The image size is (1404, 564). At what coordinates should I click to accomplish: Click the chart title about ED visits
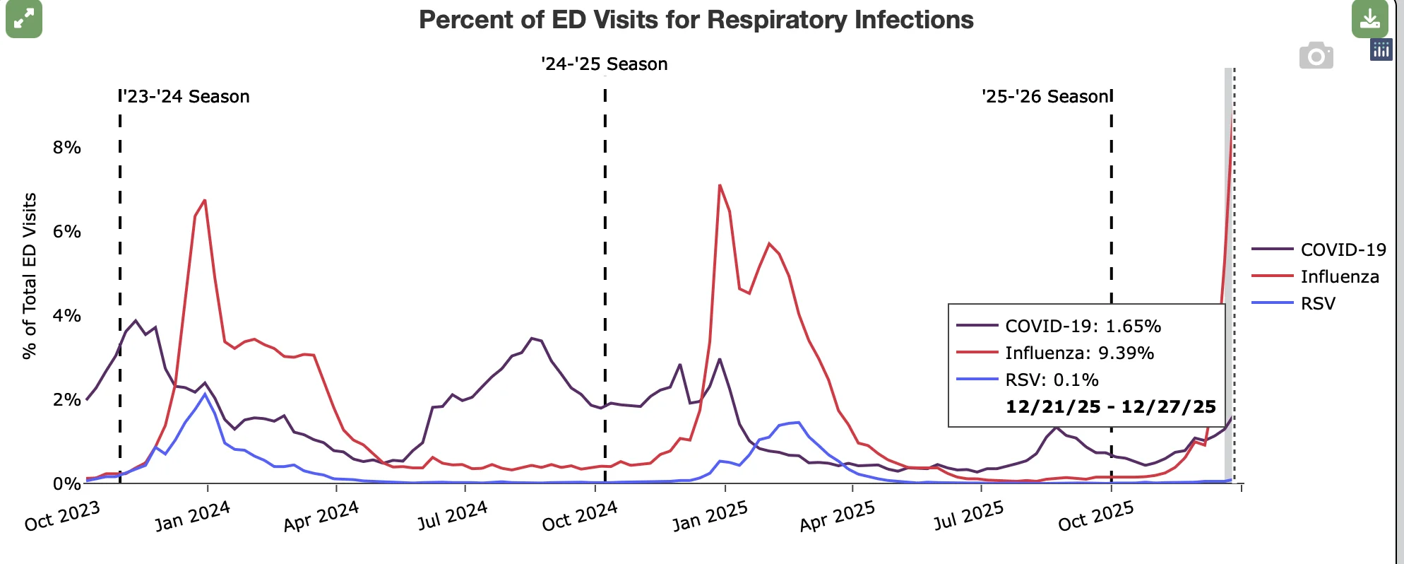(696, 20)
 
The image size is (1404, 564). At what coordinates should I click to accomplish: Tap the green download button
(1369, 19)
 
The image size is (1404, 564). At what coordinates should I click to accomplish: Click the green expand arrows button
(24, 19)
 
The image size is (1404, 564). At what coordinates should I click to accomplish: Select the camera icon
(1316, 56)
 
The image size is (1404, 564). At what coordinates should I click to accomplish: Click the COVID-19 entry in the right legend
(1319, 249)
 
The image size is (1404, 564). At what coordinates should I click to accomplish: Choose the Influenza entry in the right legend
(1315, 276)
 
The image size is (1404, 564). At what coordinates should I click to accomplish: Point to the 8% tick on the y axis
(66, 147)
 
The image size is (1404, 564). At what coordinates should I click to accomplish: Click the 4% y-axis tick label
(66, 315)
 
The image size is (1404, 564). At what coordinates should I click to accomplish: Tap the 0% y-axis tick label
(66, 483)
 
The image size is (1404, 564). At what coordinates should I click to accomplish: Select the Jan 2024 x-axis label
(193, 516)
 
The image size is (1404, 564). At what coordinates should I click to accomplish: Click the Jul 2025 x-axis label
(968, 516)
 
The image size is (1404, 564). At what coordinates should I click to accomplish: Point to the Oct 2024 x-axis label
(580, 516)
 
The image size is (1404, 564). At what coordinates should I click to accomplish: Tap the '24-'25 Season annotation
(605, 64)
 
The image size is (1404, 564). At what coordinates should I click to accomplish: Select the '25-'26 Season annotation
(1045, 96)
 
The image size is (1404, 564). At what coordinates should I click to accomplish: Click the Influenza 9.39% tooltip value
(1080, 353)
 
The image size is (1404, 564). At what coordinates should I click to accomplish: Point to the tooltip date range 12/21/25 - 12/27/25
(1111, 406)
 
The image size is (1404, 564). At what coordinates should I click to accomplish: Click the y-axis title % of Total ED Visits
(29, 276)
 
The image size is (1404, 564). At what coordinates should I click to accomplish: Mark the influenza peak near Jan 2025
(719, 185)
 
